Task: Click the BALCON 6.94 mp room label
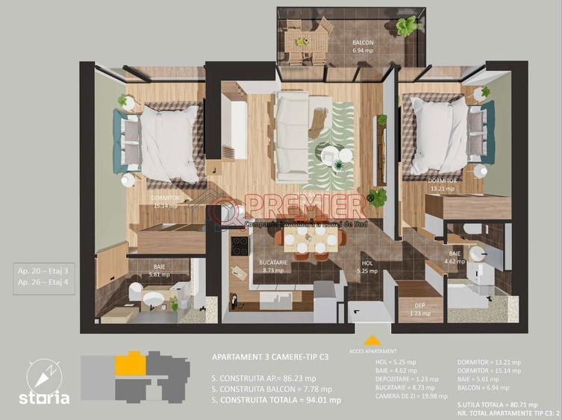tap(363, 47)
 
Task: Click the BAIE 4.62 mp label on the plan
tap(455, 258)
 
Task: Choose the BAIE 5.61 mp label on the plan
tap(158, 270)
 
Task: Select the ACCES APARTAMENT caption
tap(372, 350)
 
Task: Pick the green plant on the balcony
tap(406, 26)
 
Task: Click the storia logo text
tap(45, 398)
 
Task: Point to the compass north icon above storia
tap(43, 372)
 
